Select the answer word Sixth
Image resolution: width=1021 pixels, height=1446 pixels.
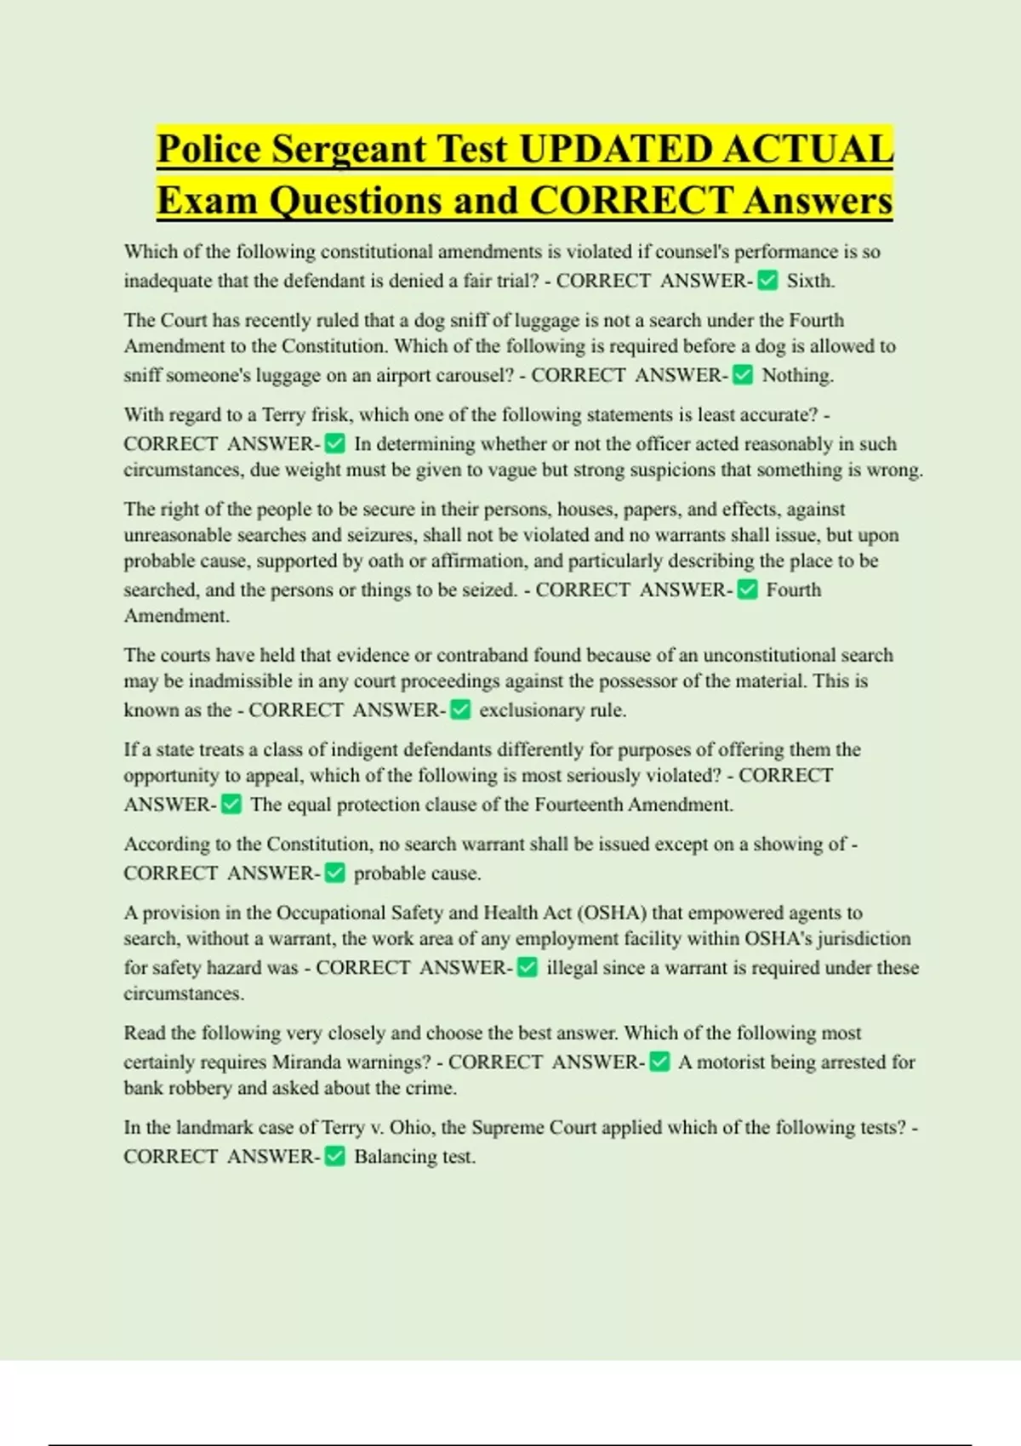coord(810,281)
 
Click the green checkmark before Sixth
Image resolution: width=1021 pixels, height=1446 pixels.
coord(767,281)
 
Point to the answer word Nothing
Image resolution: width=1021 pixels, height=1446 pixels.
coord(797,375)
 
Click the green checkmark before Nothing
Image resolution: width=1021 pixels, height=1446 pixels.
coord(743,375)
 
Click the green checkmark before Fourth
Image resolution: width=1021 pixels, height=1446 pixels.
coord(747,589)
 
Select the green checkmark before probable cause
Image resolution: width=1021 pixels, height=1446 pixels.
coord(335,874)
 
